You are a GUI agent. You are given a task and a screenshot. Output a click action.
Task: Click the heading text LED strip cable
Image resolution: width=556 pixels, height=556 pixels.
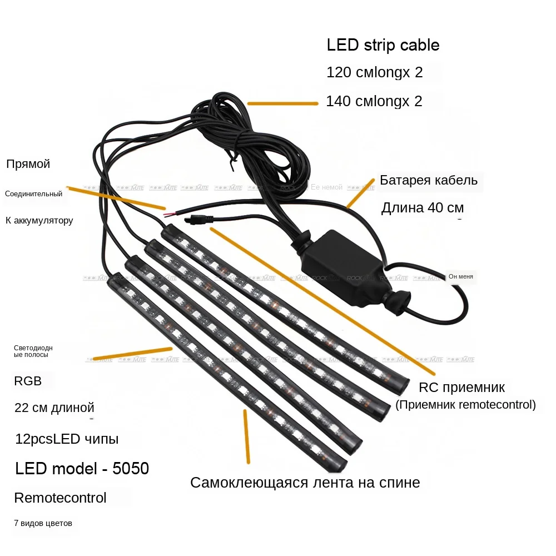tap(383, 45)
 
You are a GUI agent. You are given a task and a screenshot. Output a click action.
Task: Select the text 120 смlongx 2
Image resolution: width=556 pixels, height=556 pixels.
tap(374, 73)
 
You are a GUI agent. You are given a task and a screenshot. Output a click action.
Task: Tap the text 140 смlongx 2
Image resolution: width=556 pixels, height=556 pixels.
tap(374, 101)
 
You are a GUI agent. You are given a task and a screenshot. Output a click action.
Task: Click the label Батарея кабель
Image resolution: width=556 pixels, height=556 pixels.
tap(429, 180)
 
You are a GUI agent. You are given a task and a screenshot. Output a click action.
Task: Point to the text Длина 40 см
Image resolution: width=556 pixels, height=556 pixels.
tap(422, 208)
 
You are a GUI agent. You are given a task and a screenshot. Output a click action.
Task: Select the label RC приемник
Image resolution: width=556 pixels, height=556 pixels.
tap(461, 388)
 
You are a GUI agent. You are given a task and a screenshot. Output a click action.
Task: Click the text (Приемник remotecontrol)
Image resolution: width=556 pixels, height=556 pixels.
tap(465, 405)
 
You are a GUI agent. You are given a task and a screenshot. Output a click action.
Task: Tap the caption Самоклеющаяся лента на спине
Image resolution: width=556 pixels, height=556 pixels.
tap(305, 482)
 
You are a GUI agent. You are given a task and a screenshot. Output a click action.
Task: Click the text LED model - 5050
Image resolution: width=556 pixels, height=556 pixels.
tap(82, 469)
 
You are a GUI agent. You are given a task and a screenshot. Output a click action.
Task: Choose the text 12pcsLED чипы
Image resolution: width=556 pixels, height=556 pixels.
tap(67, 439)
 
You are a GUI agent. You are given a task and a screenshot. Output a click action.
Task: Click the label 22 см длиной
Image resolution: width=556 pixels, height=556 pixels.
tap(54, 408)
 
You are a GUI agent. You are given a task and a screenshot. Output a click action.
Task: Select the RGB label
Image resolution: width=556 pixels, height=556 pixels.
tap(28, 381)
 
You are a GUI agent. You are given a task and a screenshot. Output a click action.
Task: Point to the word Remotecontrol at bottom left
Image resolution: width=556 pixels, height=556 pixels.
tap(60, 498)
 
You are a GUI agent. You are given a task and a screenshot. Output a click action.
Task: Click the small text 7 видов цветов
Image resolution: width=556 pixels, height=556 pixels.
tap(43, 523)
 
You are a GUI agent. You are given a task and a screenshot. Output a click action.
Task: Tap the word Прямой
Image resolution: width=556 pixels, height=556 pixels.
tap(28, 164)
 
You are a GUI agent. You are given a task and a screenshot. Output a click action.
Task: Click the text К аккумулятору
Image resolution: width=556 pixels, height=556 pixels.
tap(39, 221)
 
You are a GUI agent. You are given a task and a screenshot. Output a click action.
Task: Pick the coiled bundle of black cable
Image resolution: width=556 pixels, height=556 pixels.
tap(245, 139)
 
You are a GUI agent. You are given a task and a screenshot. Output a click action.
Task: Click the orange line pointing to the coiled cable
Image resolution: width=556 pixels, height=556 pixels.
tap(282, 103)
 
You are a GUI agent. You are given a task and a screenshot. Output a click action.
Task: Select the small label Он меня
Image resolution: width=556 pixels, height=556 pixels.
tap(461, 276)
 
